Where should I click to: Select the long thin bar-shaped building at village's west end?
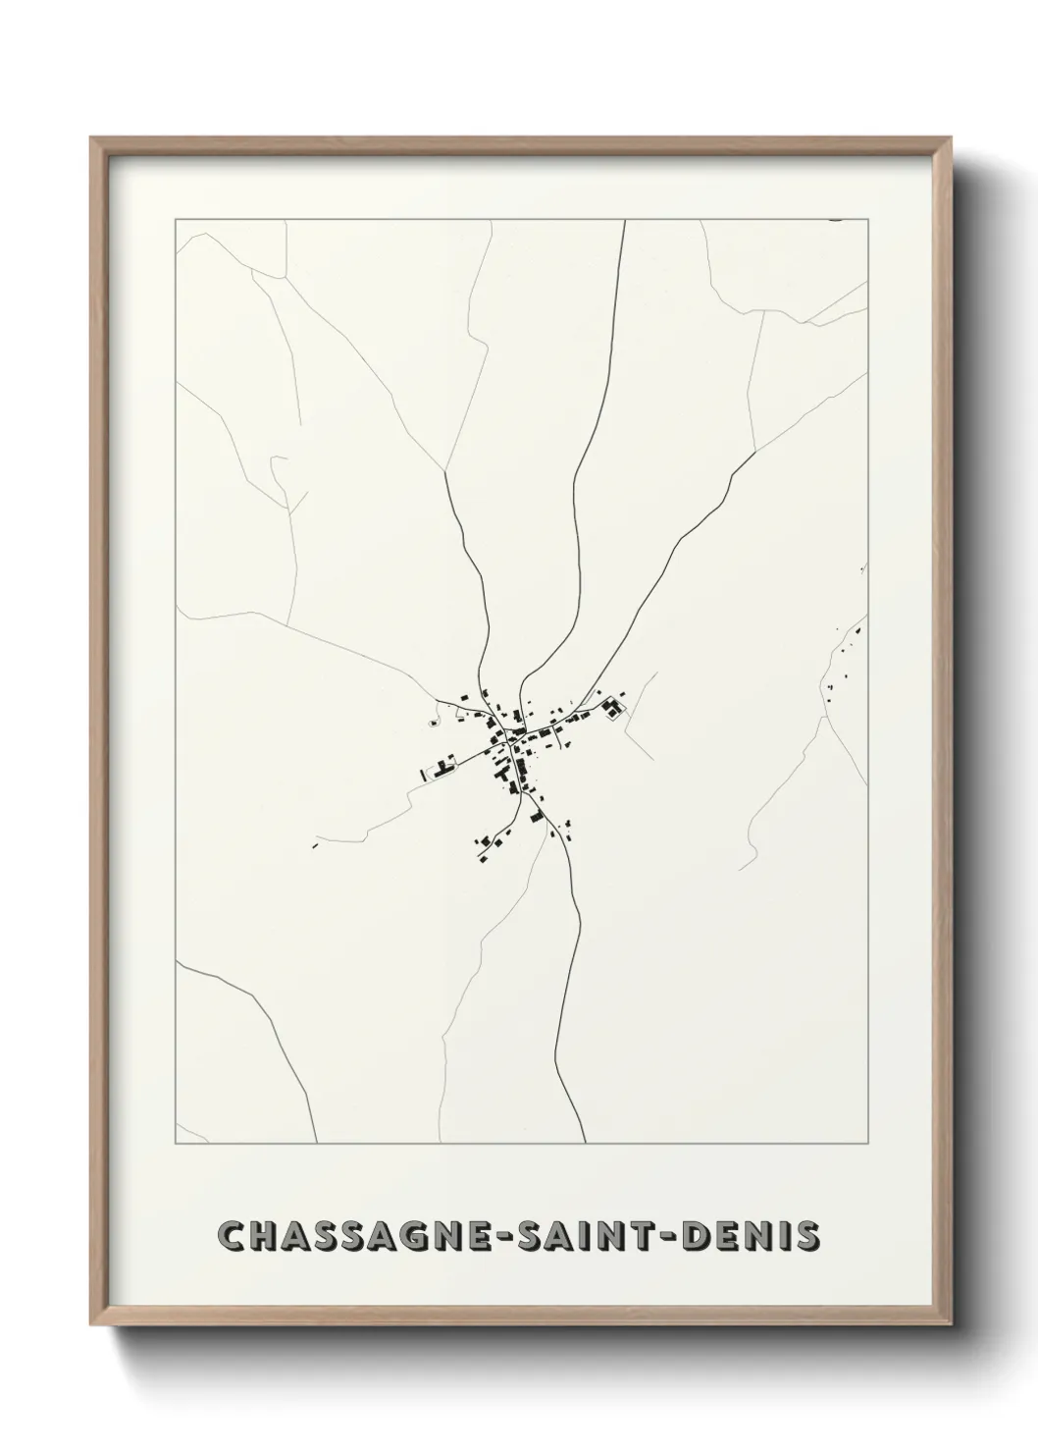pyautogui.click(x=424, y=775)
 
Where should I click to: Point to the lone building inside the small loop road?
pyautogui.click(x=433, y=724)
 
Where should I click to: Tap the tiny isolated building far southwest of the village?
pyautogui.click(x=315, y=844)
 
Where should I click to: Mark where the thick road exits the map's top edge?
pyautogui.click(x=624, y=221)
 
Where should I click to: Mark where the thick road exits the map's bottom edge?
pyautogui.click(x=585, y=1143)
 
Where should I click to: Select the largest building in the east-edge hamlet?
pyautogui.click(x=856, y=630)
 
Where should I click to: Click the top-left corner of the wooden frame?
pyautogui.click(x=91, y=137)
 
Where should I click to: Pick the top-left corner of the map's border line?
pyautogui.click(x=176, y=220)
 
